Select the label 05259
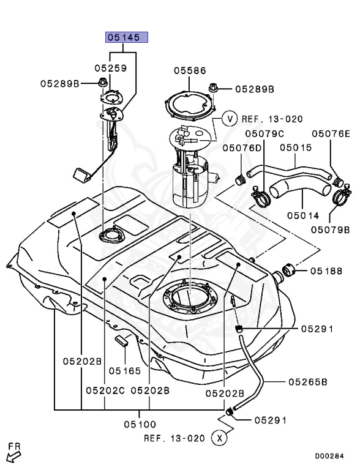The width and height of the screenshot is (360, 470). coord(110,69)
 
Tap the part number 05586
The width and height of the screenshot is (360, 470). coord(189,71)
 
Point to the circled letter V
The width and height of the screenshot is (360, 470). coord(229,118)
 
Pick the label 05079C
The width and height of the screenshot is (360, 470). coord(264,133)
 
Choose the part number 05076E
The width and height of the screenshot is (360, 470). coord(331,133)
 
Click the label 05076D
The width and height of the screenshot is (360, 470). coord(242,148)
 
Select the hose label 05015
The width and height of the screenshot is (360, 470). coord(296,148)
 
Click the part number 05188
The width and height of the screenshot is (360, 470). coord(326,270)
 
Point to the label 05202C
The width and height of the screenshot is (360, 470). coord(105,390)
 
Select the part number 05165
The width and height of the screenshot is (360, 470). coord(125,370)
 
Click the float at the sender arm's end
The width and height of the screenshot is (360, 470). coord(82,174)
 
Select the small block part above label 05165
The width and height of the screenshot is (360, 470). coord(121,340)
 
